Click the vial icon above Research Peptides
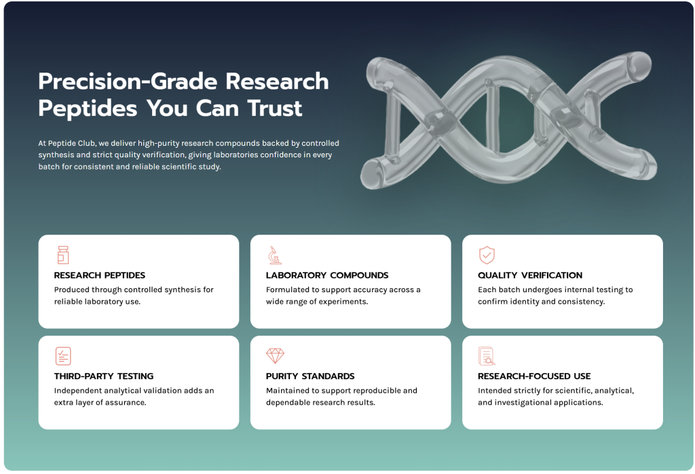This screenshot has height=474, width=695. (x=63, y=255)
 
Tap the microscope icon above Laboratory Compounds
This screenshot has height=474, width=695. (x=275, y=255)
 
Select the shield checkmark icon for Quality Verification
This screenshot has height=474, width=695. (x=487, y=255)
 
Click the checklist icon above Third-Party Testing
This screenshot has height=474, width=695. (x=63, y=356)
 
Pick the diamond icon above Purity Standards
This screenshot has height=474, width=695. (x=276, y=356)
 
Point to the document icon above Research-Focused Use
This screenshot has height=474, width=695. (x=487, y=356)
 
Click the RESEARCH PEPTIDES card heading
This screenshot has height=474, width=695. (x=100, y=275)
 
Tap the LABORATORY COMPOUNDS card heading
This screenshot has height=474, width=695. (x=327, y=275)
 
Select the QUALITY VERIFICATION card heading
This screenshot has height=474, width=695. (x=530, y=275)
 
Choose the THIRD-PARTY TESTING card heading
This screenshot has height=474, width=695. (x=104, y=376)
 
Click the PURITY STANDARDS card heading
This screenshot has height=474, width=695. (x=310, y=376)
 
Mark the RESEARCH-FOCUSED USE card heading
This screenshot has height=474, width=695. (x=534, y=376)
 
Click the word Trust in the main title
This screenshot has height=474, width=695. (x=275, y=108)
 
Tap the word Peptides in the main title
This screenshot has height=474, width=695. (x=88, y=108)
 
